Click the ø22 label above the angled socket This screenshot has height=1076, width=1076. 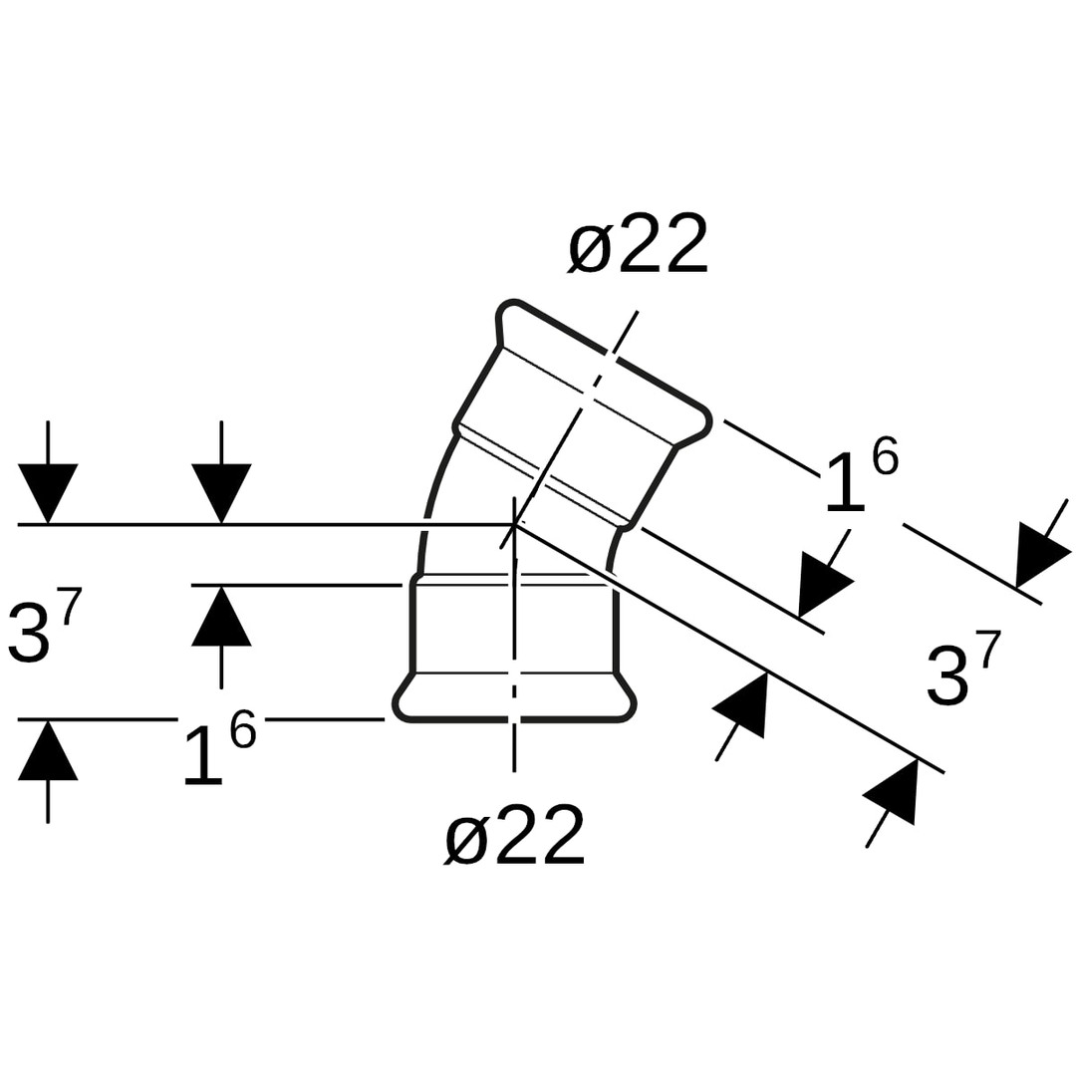(x=638, y=244)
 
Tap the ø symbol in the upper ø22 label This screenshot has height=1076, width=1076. (x=590, y=247)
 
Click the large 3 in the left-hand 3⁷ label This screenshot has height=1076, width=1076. (x=29, y=633)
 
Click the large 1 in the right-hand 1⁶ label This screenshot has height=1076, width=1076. (x=844, y=483)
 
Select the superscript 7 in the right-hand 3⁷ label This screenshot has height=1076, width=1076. (x=987, y=649)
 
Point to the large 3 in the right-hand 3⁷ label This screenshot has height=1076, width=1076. (x=947, y=676)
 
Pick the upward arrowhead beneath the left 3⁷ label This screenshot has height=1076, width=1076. (x=48, y=750)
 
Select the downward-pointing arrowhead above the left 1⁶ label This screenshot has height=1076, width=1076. (x=221, y=493)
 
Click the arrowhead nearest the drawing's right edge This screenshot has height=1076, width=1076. (x=1040, y=554)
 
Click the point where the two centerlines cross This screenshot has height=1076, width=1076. (x=514, y=524)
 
